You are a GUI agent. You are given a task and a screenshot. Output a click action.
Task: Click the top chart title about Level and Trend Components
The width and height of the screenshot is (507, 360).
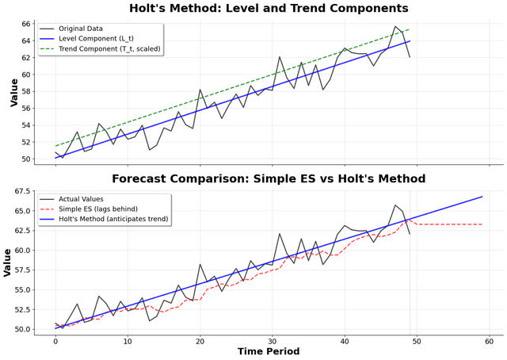pos(269,9)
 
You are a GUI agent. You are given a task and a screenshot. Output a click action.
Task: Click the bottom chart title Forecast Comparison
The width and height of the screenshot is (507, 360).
pos(269,178)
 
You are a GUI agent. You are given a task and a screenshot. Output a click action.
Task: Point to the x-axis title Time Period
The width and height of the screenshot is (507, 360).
pos(269,351)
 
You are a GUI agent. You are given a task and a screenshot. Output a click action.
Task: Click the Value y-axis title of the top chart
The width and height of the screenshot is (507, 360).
pos(13,91)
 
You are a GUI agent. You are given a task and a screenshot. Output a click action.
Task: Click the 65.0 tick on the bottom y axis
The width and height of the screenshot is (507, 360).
pos(21,210)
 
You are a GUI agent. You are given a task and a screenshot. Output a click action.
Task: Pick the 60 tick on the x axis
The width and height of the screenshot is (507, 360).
pos(489,339)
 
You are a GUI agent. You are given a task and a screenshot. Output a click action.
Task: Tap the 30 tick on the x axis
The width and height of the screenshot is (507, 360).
pos(272,339)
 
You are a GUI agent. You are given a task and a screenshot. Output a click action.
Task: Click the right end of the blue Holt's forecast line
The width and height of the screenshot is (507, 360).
pos(482,197)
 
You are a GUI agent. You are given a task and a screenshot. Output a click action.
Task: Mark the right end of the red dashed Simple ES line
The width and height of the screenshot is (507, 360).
pos(482,224)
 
